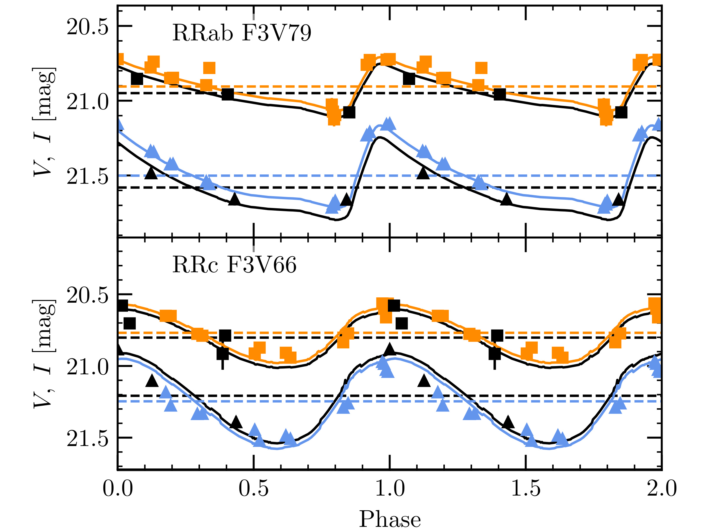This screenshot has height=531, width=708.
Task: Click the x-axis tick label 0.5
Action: click(253, 489)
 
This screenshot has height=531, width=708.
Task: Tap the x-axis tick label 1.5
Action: click(526, 489)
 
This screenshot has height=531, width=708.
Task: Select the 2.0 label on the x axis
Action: click(662, 489)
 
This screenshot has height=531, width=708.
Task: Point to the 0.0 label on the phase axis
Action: click(117, 489)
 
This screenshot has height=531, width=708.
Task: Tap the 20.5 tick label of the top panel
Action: click(87, 27)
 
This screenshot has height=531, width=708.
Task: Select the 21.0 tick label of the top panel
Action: click(87, 102)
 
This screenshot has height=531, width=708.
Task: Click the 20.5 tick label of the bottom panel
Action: click(87, 295)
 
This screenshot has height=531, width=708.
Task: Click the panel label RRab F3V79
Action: click(242, 33)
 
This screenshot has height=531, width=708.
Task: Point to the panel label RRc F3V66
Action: click(234, 265)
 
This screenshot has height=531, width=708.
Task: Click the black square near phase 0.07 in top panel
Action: click(137, 78)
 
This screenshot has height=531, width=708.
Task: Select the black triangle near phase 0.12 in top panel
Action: click(151, 173)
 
